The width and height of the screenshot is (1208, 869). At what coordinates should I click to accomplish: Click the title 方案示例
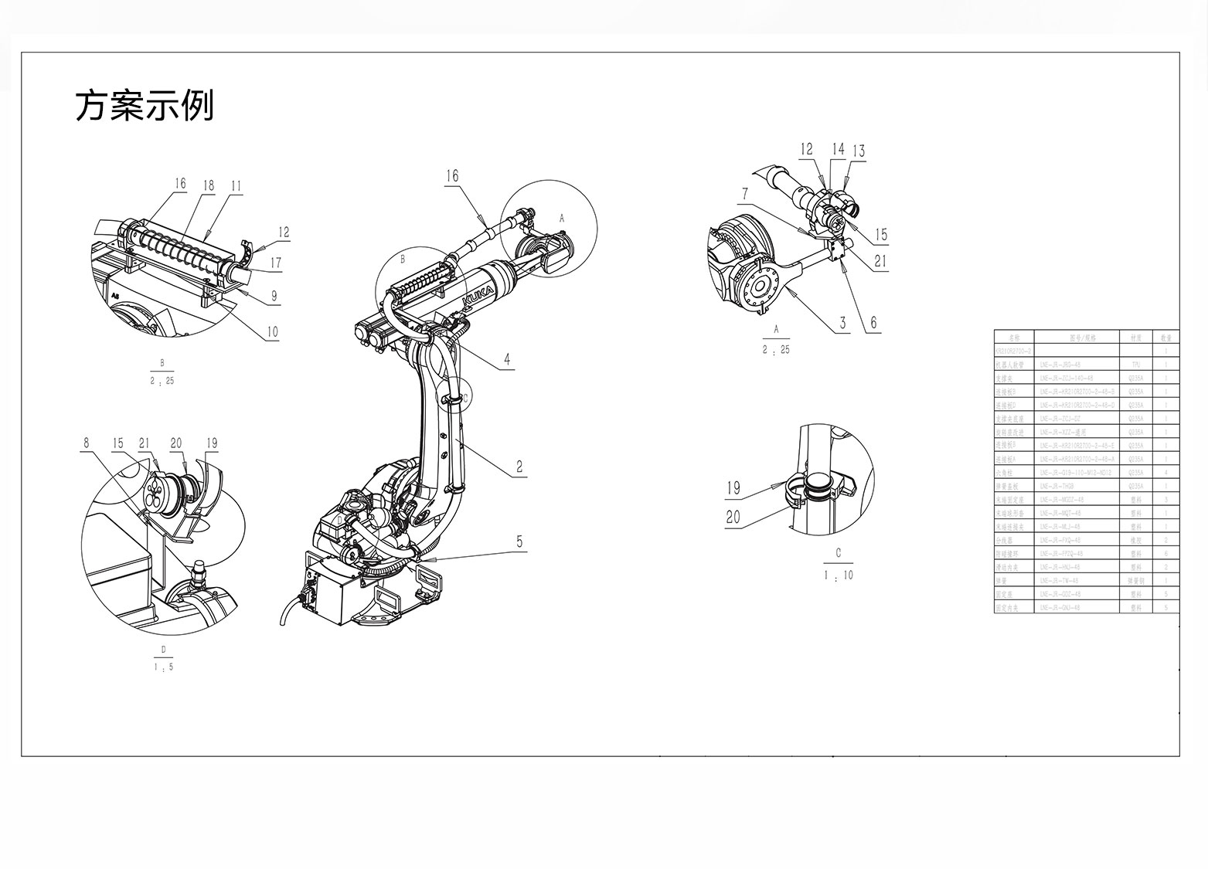tap(144, 106)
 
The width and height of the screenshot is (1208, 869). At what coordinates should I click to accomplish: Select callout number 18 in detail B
tap(208, 185)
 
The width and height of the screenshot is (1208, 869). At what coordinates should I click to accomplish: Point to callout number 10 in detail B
tap(272, 332)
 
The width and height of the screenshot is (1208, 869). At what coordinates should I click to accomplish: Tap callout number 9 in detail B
tap(274, 295)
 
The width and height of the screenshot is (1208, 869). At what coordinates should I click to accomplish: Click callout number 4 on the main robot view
tap(507, 359)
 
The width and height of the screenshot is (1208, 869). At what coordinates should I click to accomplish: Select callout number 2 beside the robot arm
tap(519, 467)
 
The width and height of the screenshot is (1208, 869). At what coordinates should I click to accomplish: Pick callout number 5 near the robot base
tap(519, 541)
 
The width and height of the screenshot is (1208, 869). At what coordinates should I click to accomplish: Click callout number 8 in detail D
tap(87, 443)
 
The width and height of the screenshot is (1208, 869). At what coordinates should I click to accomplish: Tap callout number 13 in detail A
tap(858, 151)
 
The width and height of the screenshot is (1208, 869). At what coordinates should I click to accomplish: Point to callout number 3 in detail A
tap(843, 323)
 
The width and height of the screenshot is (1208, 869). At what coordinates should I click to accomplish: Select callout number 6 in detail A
tap(874, 323)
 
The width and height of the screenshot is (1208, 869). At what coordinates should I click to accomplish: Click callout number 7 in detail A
tap(745, 193)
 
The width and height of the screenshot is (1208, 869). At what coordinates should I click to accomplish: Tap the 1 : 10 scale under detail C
tap(839, 575)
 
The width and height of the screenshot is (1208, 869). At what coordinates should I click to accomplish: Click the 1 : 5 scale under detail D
tap(163, 667)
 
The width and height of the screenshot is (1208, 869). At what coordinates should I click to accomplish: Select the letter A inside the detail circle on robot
tap(562, 219)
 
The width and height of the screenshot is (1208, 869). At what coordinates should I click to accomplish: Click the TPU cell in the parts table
tap(1135, 365)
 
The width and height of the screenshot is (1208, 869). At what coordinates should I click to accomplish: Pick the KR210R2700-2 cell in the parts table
tap(1014, 351)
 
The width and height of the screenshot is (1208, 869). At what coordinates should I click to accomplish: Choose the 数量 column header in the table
tap(1165, 338)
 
